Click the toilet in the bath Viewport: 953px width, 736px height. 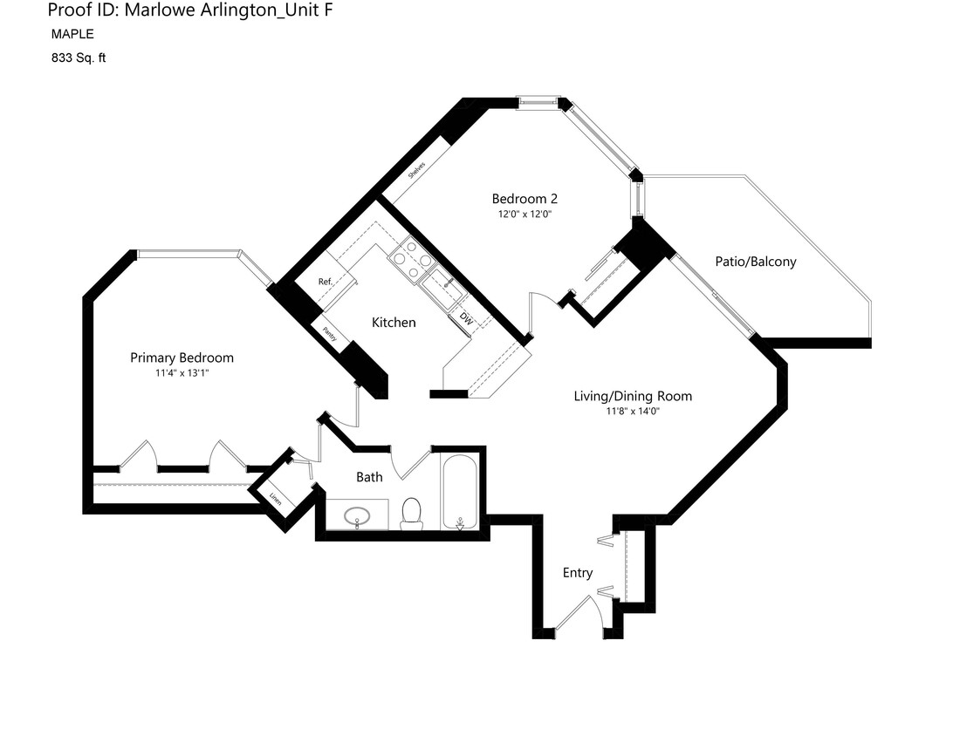(x=411, y=514)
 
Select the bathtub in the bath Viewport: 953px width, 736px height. (x=459, y=491)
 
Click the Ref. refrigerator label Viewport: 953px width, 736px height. (x=326, y=282)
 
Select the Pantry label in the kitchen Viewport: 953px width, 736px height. (x=330, y=333)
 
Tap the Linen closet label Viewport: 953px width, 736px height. (x=276, y=500)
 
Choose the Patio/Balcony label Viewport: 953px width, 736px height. (x=755, y=262)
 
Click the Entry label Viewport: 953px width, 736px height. (x=577, y=573)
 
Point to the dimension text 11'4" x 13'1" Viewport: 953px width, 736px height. (x=182, y=373)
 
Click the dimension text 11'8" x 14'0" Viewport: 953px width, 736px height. (x=632, y=412)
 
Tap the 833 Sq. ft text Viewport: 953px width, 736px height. (x=79, y=58)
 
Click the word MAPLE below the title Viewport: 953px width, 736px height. (x=72, y=35)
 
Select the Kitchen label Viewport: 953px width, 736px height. (x=394, y=323)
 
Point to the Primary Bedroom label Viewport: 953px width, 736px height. (x=182, y=358)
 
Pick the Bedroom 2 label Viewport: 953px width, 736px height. (x=524, y=199)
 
